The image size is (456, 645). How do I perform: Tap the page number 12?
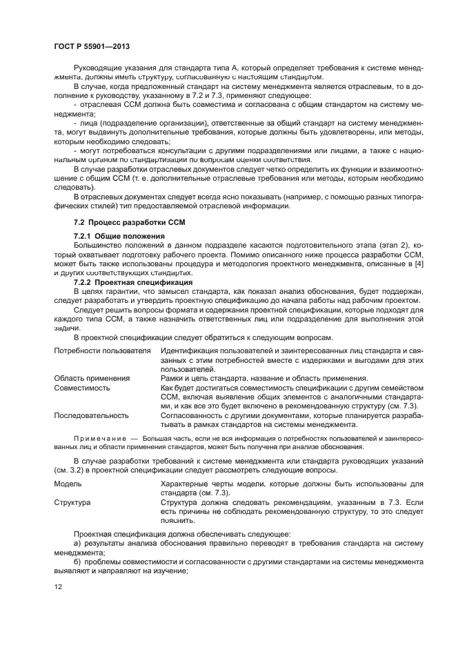59,586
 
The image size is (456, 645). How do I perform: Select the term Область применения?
92,378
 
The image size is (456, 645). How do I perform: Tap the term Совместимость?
81,388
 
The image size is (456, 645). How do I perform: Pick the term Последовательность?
91,415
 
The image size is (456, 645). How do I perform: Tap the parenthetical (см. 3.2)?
72,470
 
